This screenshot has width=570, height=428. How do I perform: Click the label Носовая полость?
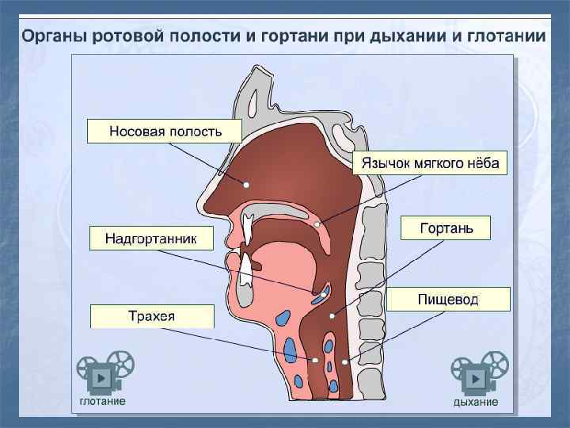click(165, 131)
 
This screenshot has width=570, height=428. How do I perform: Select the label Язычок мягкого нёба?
click(431, 163)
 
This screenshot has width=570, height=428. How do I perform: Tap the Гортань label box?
click(446, 228)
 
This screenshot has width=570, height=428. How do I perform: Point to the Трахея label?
click(152, 316)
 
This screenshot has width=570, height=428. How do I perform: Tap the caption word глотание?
click(101, 401)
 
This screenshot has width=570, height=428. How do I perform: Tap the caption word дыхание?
click(475, 402)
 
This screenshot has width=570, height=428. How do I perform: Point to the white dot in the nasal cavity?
click(246, 184)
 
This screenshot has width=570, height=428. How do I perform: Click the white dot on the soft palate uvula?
click(318, 224)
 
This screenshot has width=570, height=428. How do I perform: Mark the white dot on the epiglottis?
click(324, 293)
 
